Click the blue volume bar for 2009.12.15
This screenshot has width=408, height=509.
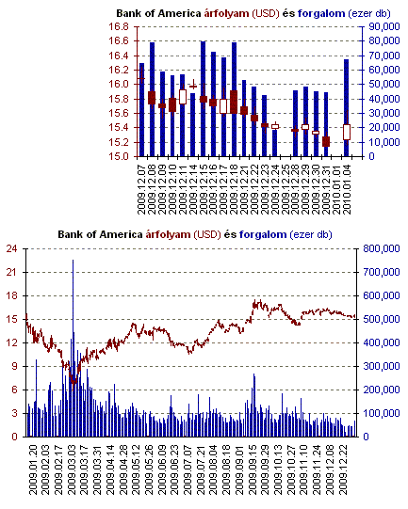pyautogui.click(x=204, y=99)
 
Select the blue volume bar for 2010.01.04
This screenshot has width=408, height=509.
pyautogui.click(x=347, y=108)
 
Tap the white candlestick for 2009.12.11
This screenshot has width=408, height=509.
pyautogui.click(x=183, y=97)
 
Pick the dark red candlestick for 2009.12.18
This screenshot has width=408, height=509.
pyautogui.click(x=234, y=102)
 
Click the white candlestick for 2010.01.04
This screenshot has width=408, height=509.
pyautogui.click(x=347, y=132)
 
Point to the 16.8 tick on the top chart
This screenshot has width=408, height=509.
pyautogui.click(x=119, y=26)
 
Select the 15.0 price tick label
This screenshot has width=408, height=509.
pyautogui.click(x=119, y=156)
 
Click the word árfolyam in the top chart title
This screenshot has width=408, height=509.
pyautogui.click(x=226, y=13)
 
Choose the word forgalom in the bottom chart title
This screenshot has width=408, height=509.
pyautogui.click(x=263, y=234)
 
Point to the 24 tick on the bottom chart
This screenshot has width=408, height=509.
pyautogui.click(x=11, y=248)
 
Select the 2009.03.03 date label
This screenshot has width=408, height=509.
pyautogui.click(x=72, y=469)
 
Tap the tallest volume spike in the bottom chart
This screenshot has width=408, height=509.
pyautogui.click(x=73, y=348)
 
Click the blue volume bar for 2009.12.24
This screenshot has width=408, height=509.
pyautogui.click(x=275, y=143)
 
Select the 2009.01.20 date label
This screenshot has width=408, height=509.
pyautogui.click(x=33, y=469)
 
